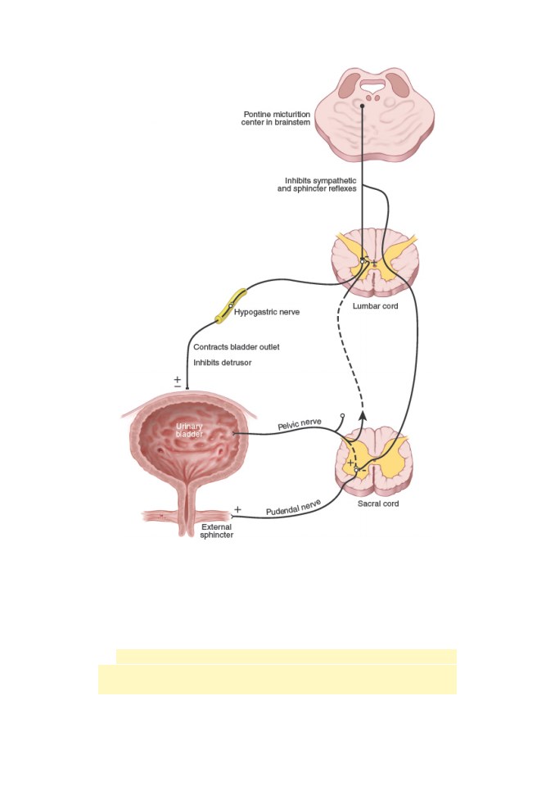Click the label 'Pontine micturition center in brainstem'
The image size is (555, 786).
(x=276, y=118)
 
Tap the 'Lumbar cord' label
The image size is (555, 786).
(x=375, y=305)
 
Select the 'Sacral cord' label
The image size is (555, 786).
(x=378, y=504)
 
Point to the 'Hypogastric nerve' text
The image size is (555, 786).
(x=267, y=312)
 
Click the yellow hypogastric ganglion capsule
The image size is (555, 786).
(x=231, y=305)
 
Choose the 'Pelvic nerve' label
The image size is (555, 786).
(x=300, y=425)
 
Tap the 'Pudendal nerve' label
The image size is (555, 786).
(x=293, y=508)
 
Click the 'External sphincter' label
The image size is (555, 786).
(x=217, y=531)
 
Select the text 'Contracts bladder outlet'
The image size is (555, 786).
(x=237, y=347)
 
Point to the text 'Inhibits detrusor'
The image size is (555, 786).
(x=223, y=363)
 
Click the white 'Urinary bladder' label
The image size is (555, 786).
(x=190, y=430)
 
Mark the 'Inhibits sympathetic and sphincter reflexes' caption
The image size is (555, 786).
(x=317, y=184)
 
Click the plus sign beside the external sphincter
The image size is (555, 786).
(x=237, y=509)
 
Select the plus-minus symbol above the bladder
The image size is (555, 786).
(x=178, y=382)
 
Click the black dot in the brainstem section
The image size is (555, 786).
(x=362, y=106)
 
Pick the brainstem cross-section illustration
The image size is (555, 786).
(x=375, y=115)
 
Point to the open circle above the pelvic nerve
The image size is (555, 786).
(x=342, y=416)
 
